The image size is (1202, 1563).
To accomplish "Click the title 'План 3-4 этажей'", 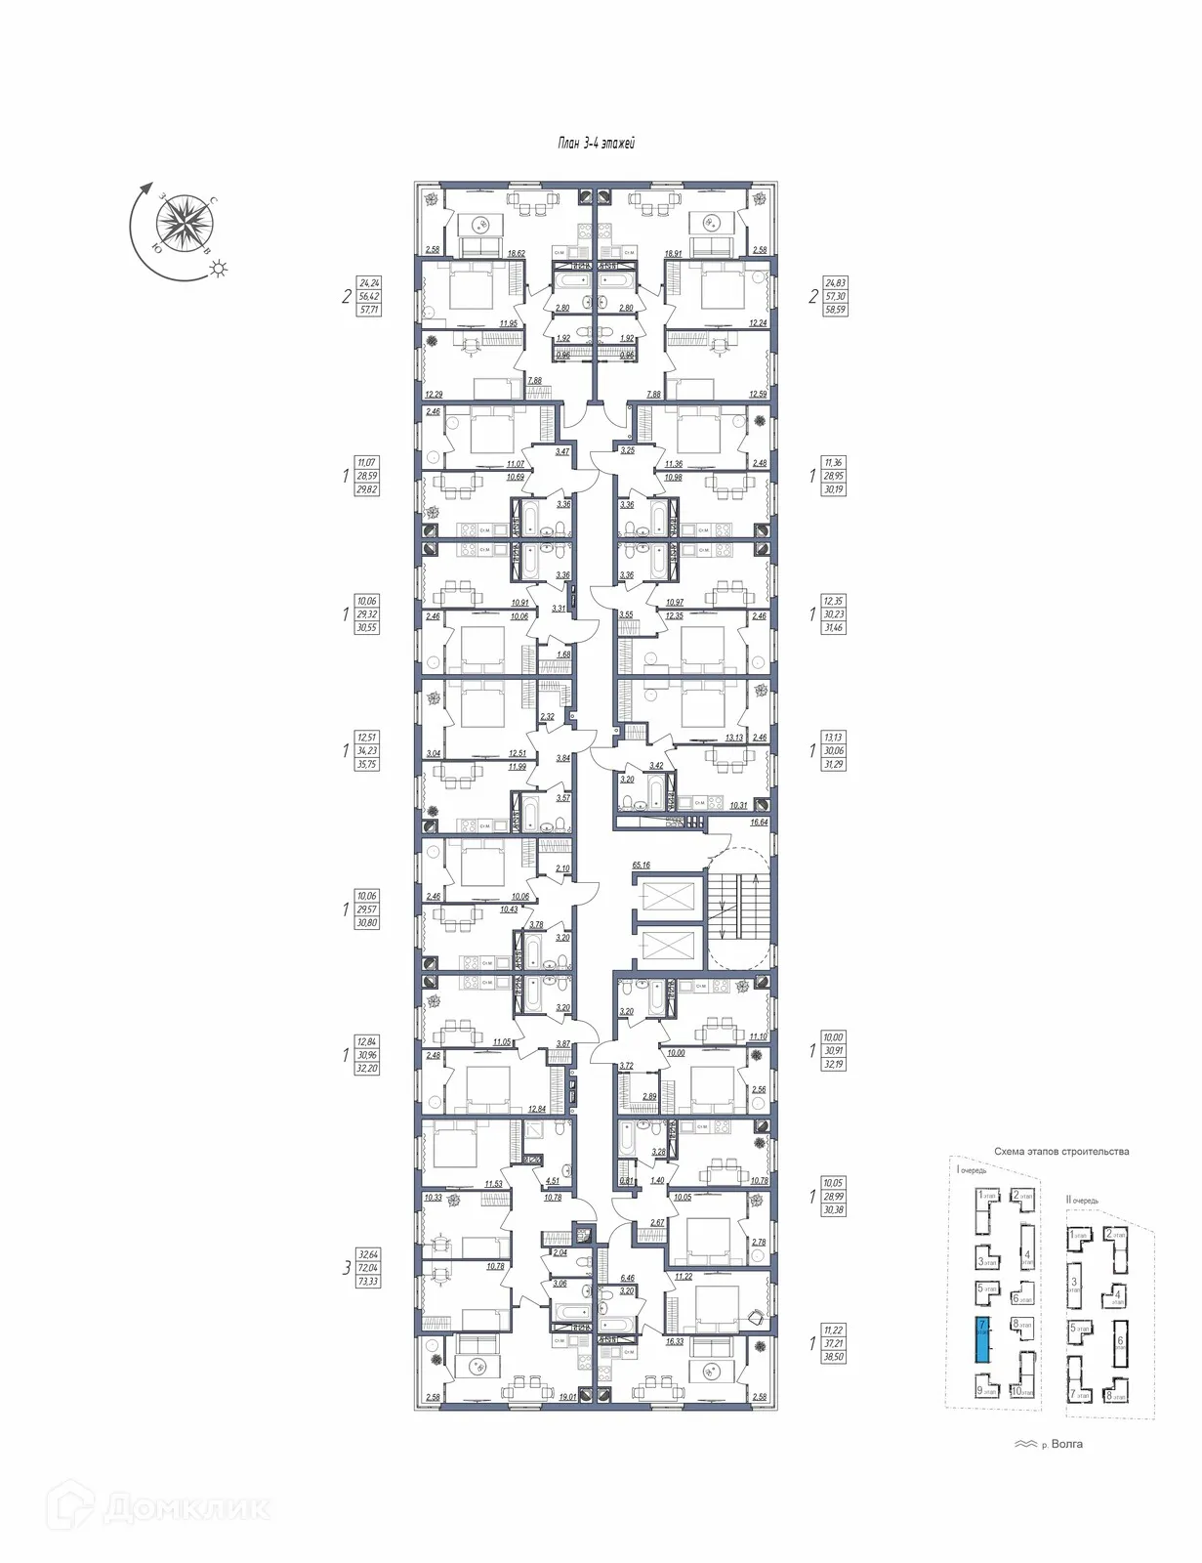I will [596, 144].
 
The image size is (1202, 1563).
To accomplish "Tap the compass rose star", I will [186, 222].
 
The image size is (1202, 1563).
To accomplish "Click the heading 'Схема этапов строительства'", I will [1061, 1151].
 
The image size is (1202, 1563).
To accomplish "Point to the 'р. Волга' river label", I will [1063, 1444].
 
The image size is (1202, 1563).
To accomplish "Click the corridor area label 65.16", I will [642, 865].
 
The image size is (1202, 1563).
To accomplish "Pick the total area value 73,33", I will [368, 1281].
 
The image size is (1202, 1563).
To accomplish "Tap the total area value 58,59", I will [833, 309].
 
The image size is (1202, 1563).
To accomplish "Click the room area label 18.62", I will [516, 252].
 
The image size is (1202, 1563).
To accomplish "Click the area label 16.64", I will [758, 823].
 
